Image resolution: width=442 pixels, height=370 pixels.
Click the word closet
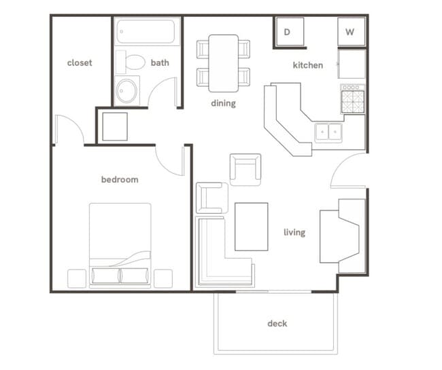coord(80,63)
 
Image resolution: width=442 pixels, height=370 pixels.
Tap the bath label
coord(160,63)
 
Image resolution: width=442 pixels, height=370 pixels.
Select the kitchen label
coord(307,65)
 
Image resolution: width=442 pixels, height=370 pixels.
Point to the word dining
coord(223,104)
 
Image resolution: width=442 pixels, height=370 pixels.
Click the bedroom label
coord(120,180)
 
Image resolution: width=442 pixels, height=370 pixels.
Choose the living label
coord(294,233)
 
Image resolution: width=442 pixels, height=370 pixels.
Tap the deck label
coord(277,323)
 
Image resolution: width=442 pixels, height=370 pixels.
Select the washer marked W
coord(350,32)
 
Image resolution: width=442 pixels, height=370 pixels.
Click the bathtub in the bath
coord(146,32)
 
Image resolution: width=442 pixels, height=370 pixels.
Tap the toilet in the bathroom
coord(133,63)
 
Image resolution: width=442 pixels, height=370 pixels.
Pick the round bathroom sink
coord(126,91)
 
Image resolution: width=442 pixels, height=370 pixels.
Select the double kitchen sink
coord(328,132)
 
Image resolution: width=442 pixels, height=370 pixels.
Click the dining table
coord(223,62)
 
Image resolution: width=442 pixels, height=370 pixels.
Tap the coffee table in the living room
coord(252,226)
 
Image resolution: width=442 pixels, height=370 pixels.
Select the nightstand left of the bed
coord(77,278)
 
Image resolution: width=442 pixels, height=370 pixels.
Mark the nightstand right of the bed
coord(163,278)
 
